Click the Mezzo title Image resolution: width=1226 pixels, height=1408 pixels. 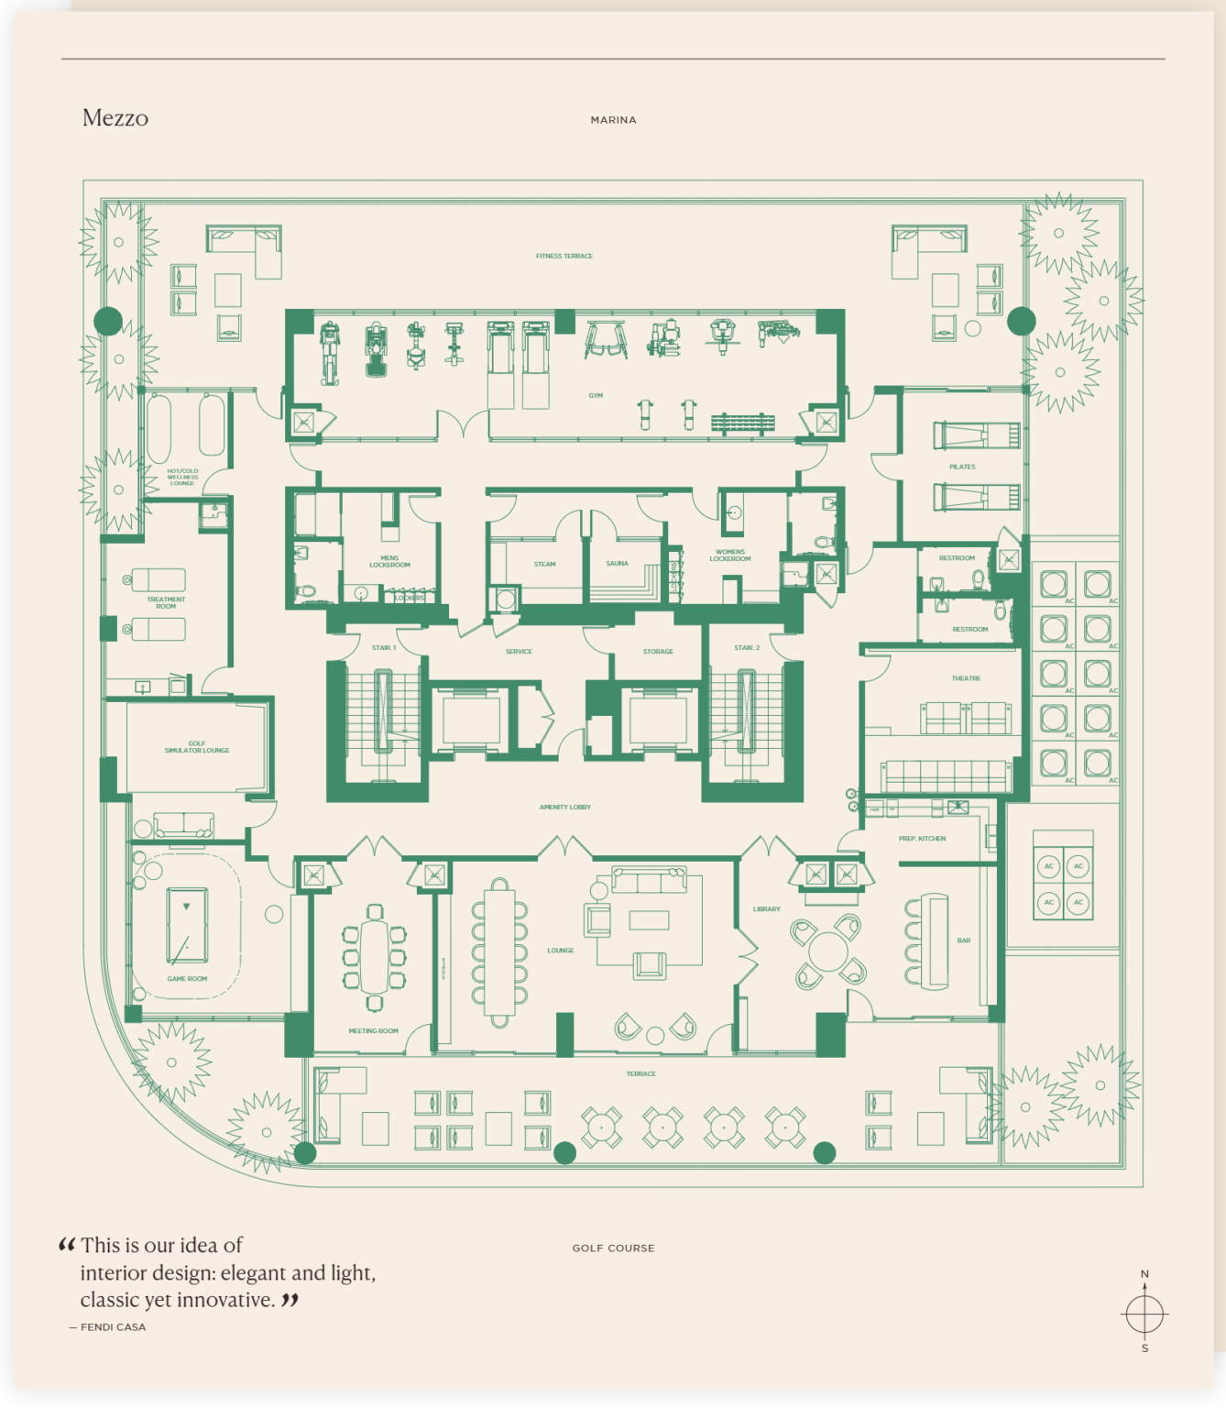coord(115,118)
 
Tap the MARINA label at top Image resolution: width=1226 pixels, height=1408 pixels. coord(613,120)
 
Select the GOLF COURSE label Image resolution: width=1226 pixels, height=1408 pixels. coord(613,1248)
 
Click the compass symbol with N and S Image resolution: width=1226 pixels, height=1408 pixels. coord(1144,1314)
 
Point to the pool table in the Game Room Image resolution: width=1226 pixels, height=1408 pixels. coord(187,926)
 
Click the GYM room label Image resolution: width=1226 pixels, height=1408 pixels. coord(596,396)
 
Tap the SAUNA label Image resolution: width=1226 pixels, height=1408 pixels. coord(617,564)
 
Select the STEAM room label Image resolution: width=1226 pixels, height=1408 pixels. coord(544,565)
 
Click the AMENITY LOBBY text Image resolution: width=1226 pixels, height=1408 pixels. coord(564,808)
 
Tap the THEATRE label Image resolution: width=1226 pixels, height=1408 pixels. coord(966,678)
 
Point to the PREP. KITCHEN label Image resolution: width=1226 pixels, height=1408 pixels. coord(922,839)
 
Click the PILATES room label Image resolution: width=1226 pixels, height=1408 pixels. coord(962,467)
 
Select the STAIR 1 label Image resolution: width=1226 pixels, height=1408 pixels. coord(383,648)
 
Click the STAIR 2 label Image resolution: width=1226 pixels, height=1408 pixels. coord(747,648)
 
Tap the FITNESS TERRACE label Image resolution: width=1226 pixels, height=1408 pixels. coord(564,257)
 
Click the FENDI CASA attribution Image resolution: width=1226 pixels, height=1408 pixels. coord(112,1327)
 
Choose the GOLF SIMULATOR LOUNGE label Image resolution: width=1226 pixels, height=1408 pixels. coord(197,747)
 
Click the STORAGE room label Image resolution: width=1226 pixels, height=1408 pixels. coord(658,652)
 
